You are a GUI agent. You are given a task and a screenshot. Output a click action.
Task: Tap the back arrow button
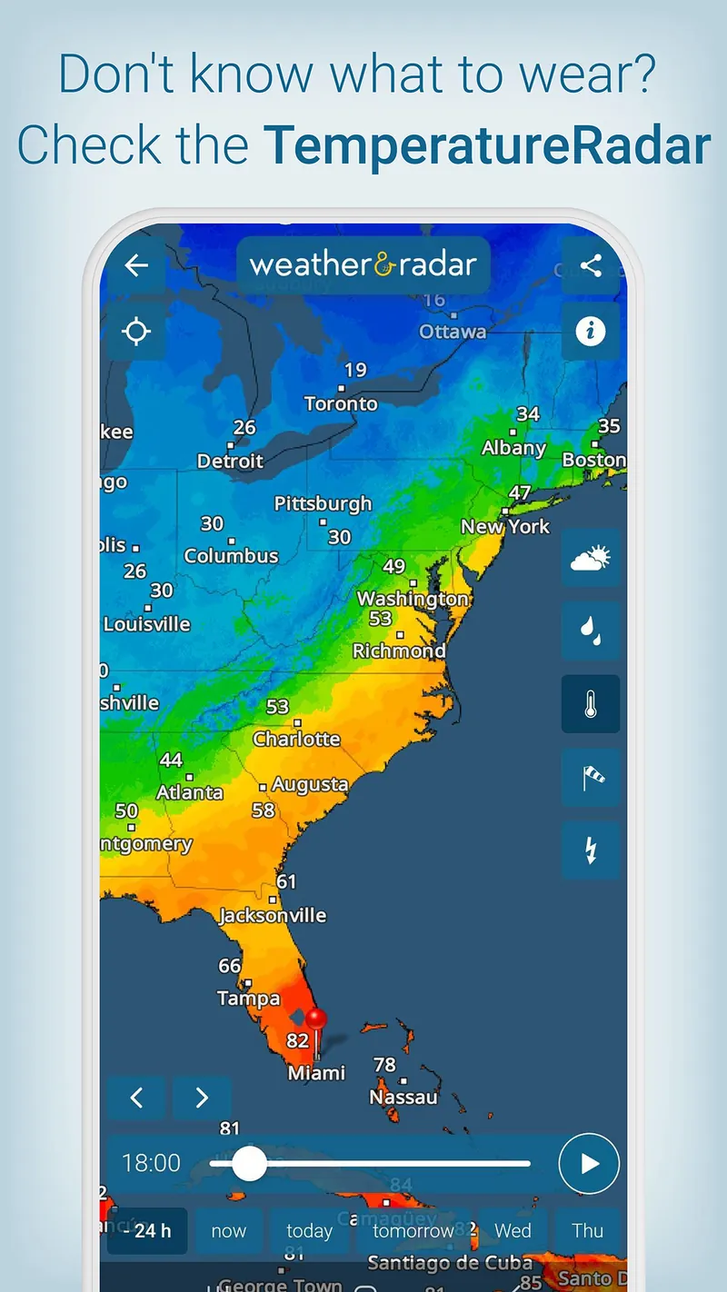(x=136, y=265)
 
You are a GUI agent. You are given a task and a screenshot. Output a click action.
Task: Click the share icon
(x=591, y=265)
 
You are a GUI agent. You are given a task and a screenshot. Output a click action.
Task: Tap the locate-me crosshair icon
(x=136, y=332)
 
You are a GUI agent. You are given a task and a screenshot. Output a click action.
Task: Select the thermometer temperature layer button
(x=591, y=704)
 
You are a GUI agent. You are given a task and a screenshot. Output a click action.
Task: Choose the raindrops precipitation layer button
(x=591, y=631)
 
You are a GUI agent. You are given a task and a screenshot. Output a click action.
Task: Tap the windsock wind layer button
(x=591, y=778)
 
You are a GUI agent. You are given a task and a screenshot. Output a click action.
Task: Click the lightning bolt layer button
(x=591, y=850)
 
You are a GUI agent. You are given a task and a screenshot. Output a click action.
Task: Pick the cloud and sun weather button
(x=591, y=557)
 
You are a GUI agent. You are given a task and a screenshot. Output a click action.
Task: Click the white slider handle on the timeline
(x=248, y=1163)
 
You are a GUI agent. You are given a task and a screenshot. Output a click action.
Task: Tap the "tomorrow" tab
(x=413, y=1231)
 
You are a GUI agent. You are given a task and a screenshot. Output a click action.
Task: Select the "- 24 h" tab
(x=147, y=1231)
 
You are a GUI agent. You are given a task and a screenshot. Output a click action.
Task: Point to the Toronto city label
(x=341, y=403)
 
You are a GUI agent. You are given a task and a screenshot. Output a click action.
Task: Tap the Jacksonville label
(x=273, y=915)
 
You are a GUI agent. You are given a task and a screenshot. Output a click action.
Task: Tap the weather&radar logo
(x=363, y=265)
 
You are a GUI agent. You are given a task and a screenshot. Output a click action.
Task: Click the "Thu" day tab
(x=588, y=1231)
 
